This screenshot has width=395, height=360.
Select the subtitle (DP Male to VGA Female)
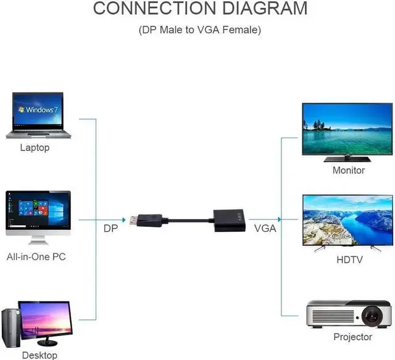coord(200,30)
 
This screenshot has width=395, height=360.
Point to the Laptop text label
coord(35,148)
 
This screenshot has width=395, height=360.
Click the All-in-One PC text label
coord(36,257)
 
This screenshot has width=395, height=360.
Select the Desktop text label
coord(39,355)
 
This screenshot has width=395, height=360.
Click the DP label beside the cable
coord(110,229)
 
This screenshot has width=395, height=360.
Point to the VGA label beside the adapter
coord(265,229)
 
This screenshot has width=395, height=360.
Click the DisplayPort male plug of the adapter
coord(145,219)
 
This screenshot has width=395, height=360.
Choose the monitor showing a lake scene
coord(346,131)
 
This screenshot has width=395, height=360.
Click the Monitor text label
coord(349,170)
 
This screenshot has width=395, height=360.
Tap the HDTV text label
coord(349,260)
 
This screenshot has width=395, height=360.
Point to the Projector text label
coord(352,337)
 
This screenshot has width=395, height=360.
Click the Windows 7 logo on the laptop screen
coord(39,110)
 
